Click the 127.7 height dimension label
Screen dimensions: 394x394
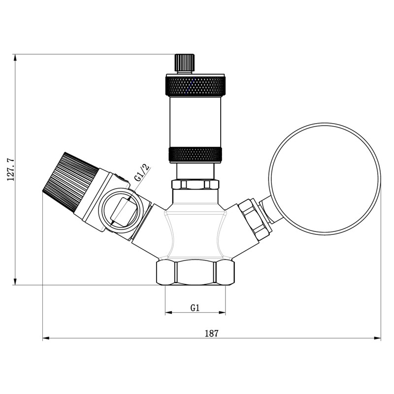coord(11,170)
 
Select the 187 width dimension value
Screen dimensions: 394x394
coord(212,333)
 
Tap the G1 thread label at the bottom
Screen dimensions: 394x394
coord(195,308)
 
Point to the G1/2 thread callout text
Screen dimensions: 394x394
coord(142,173)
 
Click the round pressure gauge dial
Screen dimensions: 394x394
coord(325,179)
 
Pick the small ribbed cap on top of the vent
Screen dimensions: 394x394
coord(185,63)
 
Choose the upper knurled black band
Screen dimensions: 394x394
coord(195,86)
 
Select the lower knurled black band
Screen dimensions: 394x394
coord(195,154)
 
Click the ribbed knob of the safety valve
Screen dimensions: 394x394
coord(70,181)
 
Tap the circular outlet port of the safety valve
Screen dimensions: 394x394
coord(119,211)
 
